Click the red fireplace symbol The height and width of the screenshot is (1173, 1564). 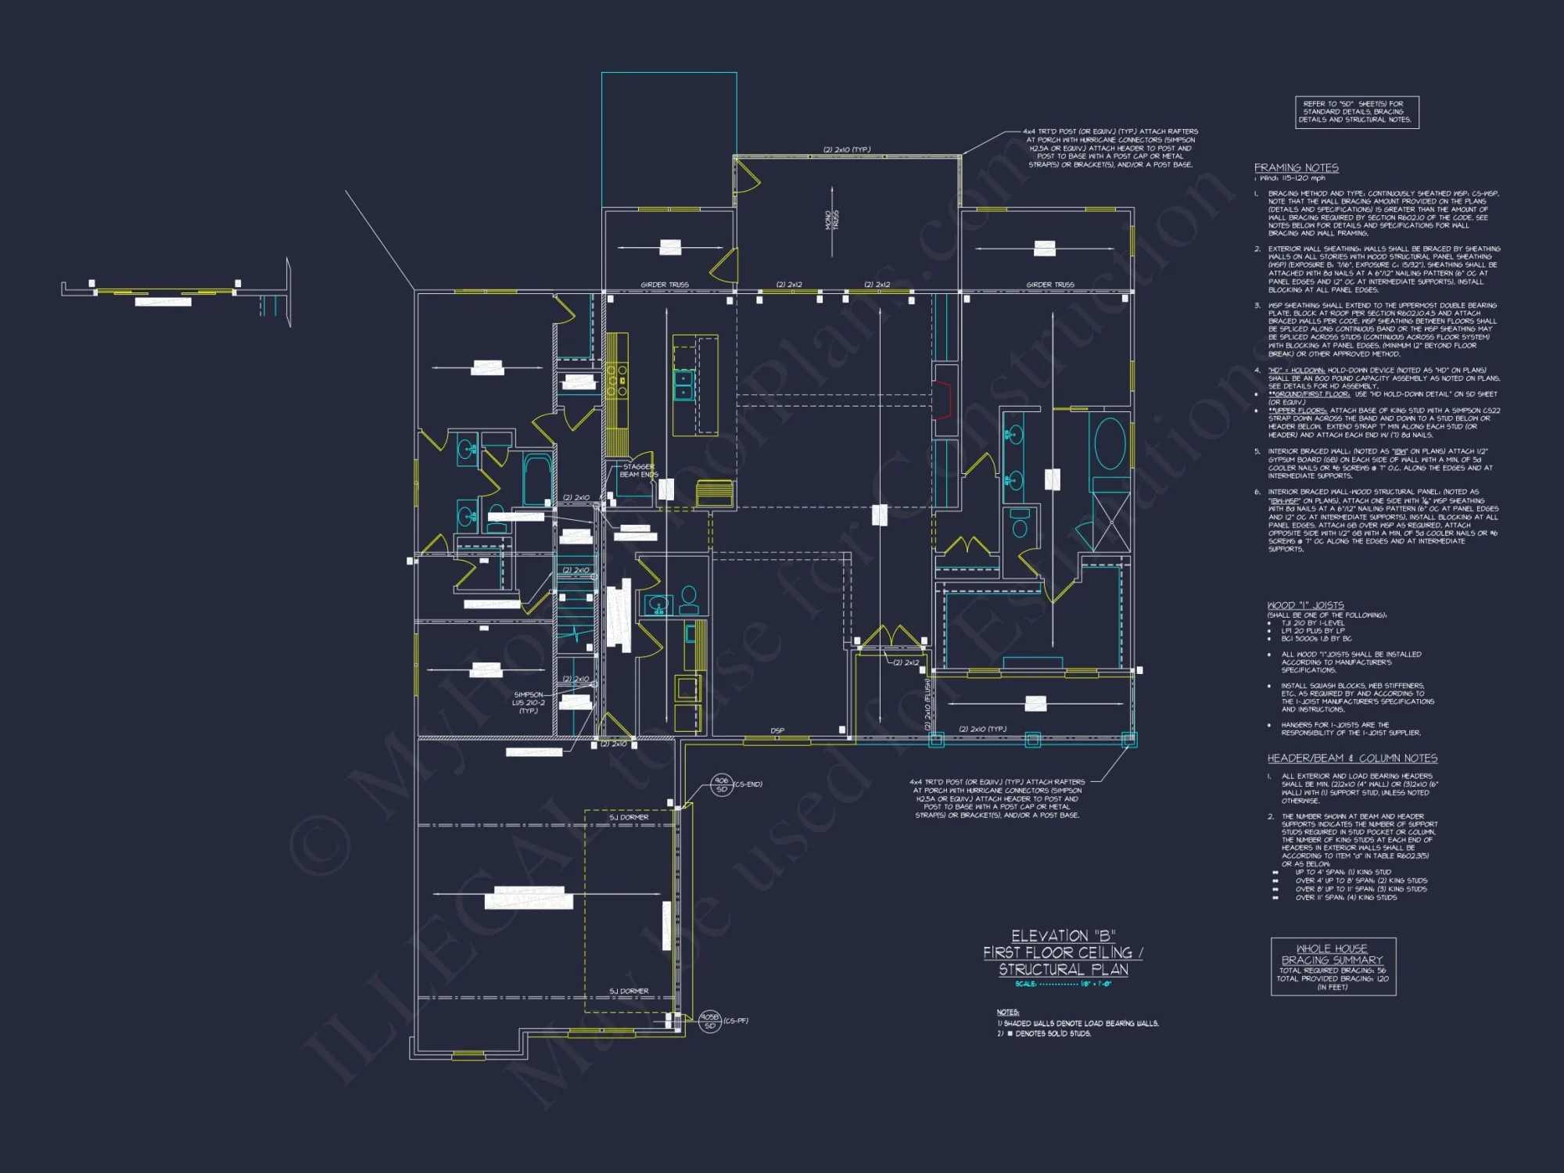(945, 399)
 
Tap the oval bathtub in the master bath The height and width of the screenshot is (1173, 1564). (1110, 443)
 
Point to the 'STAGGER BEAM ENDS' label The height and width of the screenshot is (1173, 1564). (638, 471)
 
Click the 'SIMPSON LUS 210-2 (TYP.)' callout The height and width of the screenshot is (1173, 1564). (529, 702)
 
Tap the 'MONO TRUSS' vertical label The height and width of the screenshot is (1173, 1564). (831, 220)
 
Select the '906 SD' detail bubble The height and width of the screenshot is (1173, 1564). (721, 784)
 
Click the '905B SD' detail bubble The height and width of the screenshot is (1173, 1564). (709, 1021)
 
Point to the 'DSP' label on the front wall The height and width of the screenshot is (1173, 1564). (777, 730)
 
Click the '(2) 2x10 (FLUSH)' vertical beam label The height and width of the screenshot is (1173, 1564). (927, 704)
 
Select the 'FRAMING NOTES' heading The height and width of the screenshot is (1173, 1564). (1296, 168)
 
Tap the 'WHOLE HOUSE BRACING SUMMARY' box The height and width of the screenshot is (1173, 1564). (1333, 967)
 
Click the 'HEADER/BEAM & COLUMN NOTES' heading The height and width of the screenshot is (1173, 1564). (1352, 759)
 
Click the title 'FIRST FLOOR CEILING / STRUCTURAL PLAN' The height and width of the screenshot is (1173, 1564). (1063, 960)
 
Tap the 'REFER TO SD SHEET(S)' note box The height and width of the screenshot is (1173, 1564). (1356, 112)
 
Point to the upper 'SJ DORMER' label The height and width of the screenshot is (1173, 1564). (629, 817)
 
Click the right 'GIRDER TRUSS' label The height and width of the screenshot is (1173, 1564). (1049, 285)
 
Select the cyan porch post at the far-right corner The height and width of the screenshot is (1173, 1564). (1128, 739)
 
